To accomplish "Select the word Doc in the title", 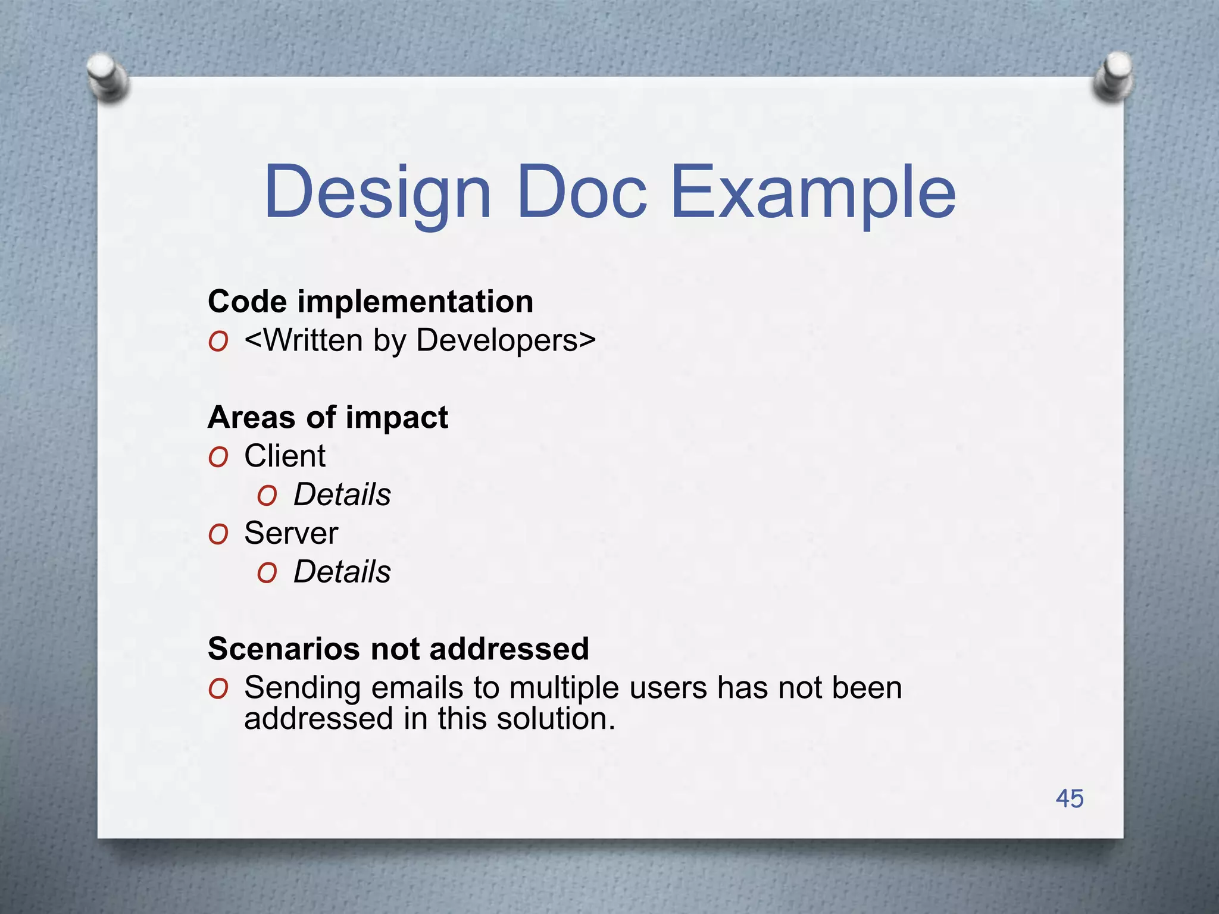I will point(582,192).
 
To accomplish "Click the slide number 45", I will point(1069,799).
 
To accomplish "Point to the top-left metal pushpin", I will point(107,78).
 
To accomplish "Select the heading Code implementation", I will point(370,301).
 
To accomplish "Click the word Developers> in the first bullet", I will point(506,340).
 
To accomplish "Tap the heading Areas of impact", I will point(327,417).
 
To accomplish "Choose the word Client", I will point(285,456).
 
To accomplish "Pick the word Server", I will point(290,533).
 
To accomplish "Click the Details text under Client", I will point(342,494).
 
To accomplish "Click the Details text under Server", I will point(342,572).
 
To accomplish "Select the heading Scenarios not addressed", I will point(398,648).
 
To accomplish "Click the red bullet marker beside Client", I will point(218,458).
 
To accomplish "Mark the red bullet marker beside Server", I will point(218,535).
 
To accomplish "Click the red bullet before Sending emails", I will point(218,689).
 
